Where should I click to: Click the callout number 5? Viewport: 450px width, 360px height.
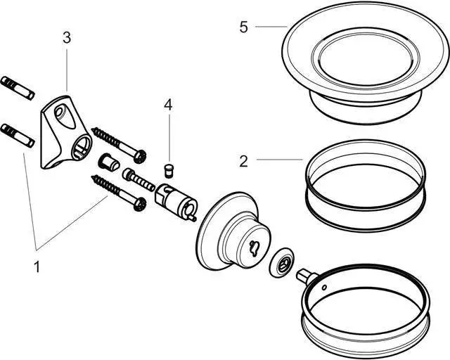(243, 27)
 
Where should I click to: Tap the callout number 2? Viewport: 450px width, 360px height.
(243, 161)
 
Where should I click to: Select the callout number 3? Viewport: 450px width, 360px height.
(67, 38)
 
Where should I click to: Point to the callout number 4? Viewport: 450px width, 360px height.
(168, 105)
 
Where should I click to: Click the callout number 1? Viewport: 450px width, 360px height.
(37, 267)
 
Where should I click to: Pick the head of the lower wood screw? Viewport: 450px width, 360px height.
(141, 204)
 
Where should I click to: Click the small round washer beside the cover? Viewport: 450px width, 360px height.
(283, 264)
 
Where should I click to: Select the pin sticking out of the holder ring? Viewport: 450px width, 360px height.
(306, 275)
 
